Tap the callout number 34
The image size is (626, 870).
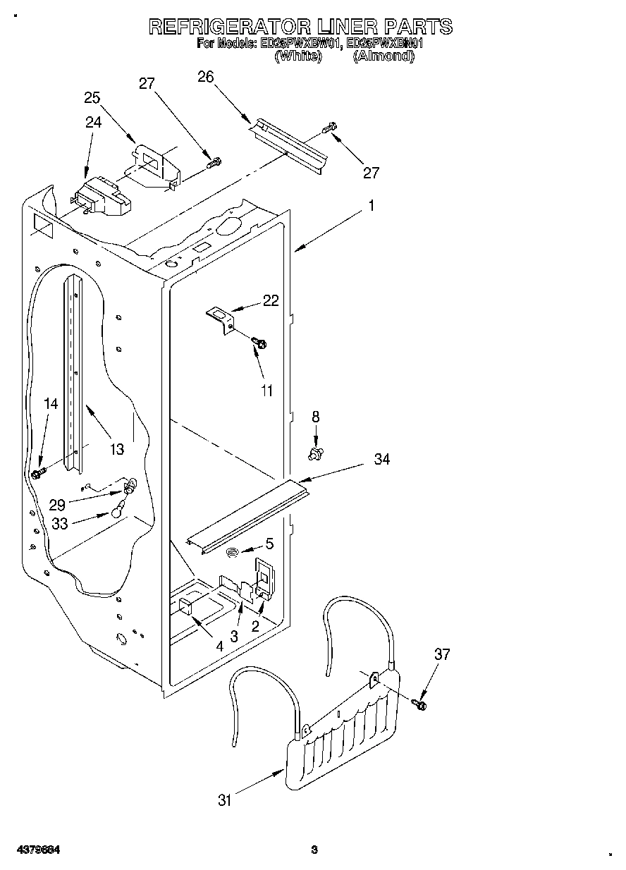[x=382, y=459]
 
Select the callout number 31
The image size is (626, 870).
[x=225, y=799]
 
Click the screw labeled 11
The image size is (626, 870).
[x=260, y=343]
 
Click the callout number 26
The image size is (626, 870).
[x=205, y=78]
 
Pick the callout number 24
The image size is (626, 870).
[x=94, y=123]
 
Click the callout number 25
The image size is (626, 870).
[x=92, y=98]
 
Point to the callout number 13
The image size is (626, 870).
[x=116, y=448]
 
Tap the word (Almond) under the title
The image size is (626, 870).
[x=382, y=56]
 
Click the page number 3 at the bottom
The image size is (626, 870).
[x=314, y=850]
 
